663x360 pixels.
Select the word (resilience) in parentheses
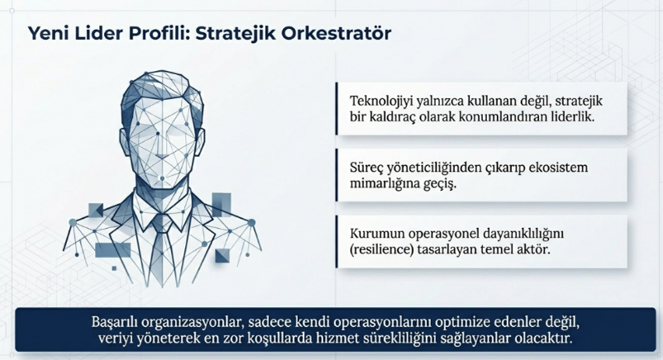[x=381, y=249]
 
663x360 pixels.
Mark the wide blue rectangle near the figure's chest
[x=113, y=250]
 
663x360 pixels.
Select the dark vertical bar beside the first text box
[x=337, y=109]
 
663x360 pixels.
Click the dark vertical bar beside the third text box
[x=337, y=242]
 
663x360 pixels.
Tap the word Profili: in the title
[x=159, y=33]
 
